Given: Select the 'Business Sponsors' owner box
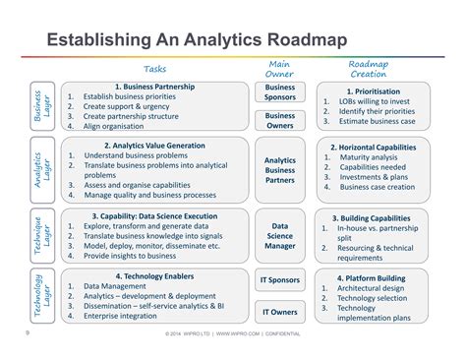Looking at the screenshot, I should coord(280,92).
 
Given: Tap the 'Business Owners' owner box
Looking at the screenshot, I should coord(280,121).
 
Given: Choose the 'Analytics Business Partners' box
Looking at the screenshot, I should coord(280,170).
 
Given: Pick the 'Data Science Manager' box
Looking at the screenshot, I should coord(280,236).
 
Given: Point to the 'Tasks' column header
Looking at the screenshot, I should coord(155,69).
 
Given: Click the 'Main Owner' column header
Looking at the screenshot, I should coord(279,68).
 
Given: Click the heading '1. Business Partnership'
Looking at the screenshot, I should coord(154,87).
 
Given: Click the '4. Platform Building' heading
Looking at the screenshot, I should coord(374,278).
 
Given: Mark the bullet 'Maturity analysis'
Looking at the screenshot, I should coord(369,156).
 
